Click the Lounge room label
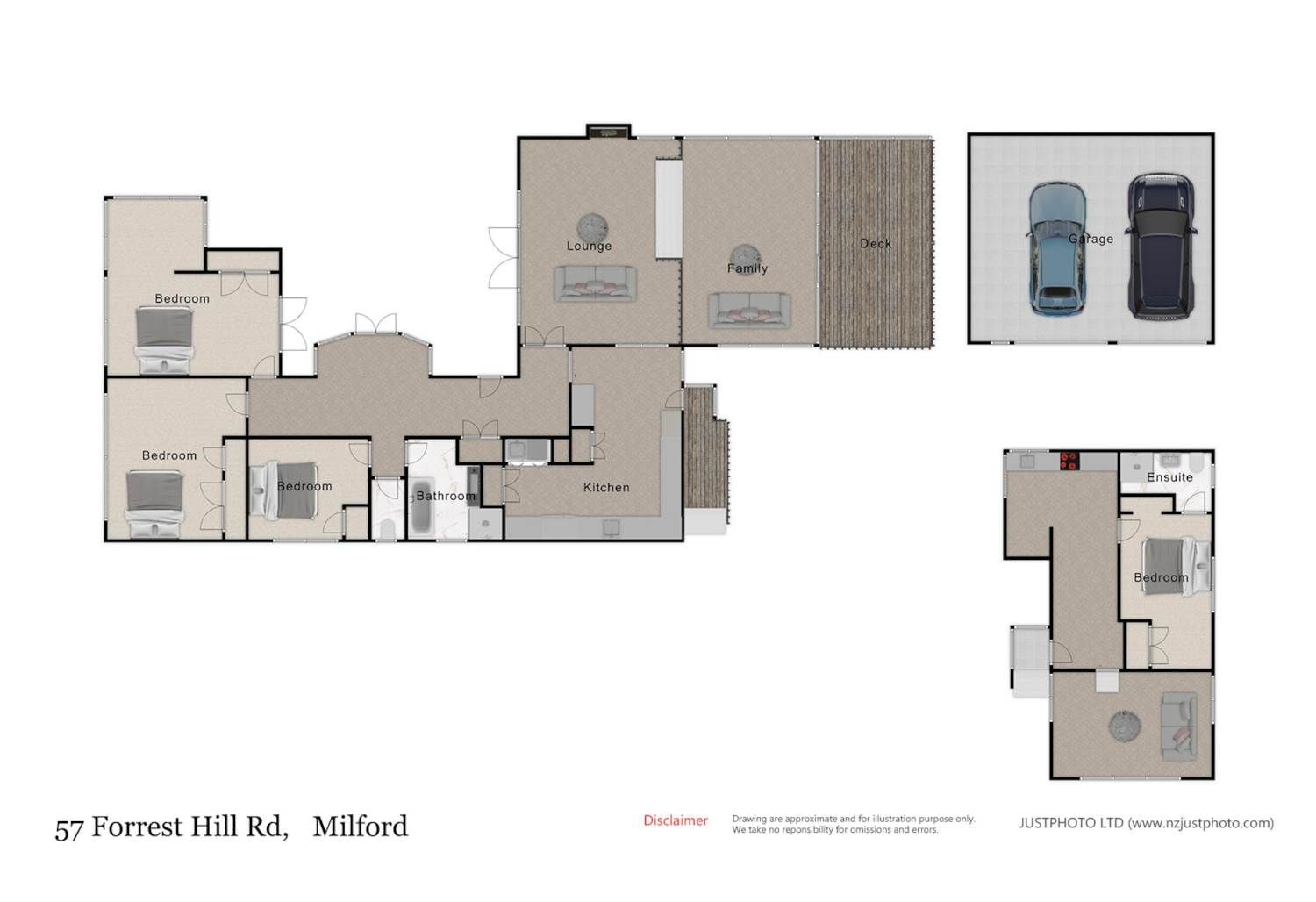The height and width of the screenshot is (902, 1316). point(589,247)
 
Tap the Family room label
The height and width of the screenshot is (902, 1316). point(747,268)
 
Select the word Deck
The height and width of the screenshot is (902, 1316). point(876,243)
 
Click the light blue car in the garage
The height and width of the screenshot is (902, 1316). point(1056,248)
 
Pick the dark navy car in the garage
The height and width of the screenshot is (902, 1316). point(1161,247)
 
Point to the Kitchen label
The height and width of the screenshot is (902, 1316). point(606,487)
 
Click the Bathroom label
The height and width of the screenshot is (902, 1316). point(446,496)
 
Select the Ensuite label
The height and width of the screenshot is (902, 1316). point(1169,477)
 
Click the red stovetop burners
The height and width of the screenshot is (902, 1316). point(1069,460)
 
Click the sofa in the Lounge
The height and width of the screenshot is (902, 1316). point(595,283)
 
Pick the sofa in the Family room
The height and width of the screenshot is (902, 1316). point(749,311)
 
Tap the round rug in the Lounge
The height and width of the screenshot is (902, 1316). point(591,227)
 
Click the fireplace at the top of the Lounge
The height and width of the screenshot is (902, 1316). point(609,132)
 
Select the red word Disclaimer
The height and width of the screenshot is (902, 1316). point(676,820)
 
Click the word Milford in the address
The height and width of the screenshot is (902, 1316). point(360,827)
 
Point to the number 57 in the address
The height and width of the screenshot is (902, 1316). point(69,828)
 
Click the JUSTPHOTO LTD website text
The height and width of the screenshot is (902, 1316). point(1146,823)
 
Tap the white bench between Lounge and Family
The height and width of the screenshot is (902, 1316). point(669,209)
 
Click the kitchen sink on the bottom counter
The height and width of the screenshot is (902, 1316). point(611,527)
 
